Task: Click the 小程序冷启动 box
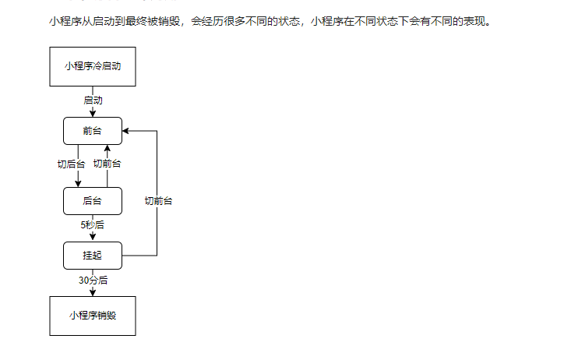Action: [x=92, y=66]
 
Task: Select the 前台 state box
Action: [x=92, y=131]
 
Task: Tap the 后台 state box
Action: [x=92, y=201]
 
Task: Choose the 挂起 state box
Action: [x=92, y=255]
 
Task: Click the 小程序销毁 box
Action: [x=92, y=316]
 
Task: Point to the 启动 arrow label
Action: [x=93, y=101]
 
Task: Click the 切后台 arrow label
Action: [x=71, y=164]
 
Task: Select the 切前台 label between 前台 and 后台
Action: [x=107, y=164]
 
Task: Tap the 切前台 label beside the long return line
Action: [x=158, y=201]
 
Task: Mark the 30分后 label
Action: [x=93, y=280]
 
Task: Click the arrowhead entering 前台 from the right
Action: [x=126, y=131]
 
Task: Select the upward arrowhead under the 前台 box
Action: [x=107, y=148]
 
